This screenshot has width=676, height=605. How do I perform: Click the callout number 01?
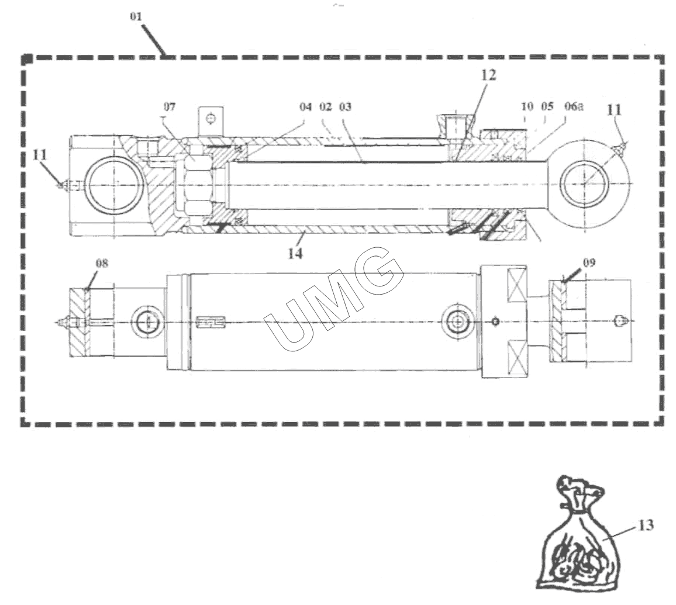tap(136, 16)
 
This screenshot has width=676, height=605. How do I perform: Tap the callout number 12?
tap(488, 75)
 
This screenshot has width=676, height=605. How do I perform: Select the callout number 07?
tap(170, 106)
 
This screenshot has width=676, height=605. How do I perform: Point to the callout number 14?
tap(295, 253)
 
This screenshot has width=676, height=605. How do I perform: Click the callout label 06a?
tap(574, 106)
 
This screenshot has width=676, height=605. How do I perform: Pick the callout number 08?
tap(102, 263)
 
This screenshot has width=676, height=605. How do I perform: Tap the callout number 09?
tap(589, 262)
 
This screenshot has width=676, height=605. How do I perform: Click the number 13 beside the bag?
tap(646, 525)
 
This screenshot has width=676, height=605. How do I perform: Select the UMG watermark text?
tap(334, 299)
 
